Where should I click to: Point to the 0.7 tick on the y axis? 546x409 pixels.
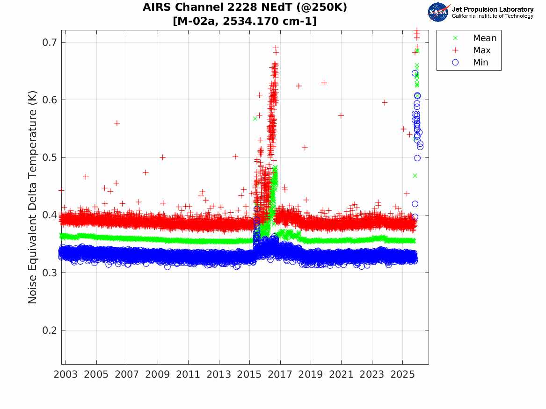[x=49, y=43]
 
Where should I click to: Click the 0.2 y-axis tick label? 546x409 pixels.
[x=49, y=330]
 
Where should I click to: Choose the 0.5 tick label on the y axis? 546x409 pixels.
[x=49, y=158]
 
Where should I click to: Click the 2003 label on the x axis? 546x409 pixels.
[x=66, y=374]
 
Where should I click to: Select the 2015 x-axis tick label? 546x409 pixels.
[x=249, y=374]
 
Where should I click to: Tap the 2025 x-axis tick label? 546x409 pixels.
[x=402, y=374]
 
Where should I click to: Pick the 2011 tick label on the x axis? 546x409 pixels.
[x=188, y=374]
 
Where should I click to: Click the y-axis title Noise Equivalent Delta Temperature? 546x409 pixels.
[x=32, y=197]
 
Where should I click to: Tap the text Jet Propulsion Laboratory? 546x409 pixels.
[x=493, y=9]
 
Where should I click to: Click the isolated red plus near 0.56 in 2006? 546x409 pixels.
[x=117, y=123]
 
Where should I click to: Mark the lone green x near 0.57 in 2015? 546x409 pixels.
[x=255, y=119]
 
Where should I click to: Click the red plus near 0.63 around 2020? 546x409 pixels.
[x=324, y=83]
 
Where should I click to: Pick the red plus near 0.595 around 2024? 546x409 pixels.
[x=385, y=102]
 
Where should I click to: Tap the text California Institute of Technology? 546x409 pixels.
[x=493, y=16]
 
